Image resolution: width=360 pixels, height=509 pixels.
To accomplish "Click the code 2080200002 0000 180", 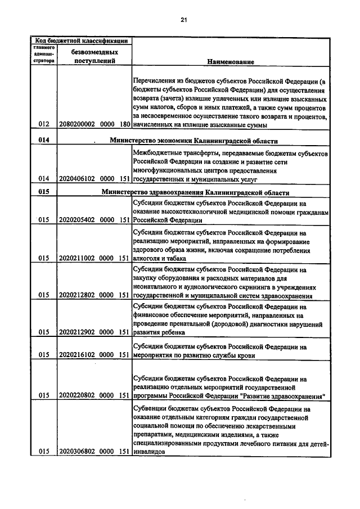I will (x=94, y=124).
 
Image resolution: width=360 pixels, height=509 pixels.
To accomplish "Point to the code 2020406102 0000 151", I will (x=94, y=179).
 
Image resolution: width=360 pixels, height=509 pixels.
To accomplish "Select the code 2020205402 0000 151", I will (x=94, y=220).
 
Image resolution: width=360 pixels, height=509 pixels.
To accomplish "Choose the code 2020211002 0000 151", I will (x=94, y=258).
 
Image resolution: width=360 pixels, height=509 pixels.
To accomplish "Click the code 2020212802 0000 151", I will (x=94, y=294).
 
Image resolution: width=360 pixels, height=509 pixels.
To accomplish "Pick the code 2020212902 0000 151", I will (x=94, y=332).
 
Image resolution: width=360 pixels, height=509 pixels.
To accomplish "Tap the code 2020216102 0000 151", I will (x=94, y=355).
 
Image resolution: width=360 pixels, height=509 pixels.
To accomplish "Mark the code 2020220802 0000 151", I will (x=94, y=395).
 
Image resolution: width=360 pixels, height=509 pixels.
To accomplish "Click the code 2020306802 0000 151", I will (x=94, y=451).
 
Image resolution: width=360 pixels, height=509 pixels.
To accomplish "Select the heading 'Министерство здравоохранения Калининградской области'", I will (x=196, y=192).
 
